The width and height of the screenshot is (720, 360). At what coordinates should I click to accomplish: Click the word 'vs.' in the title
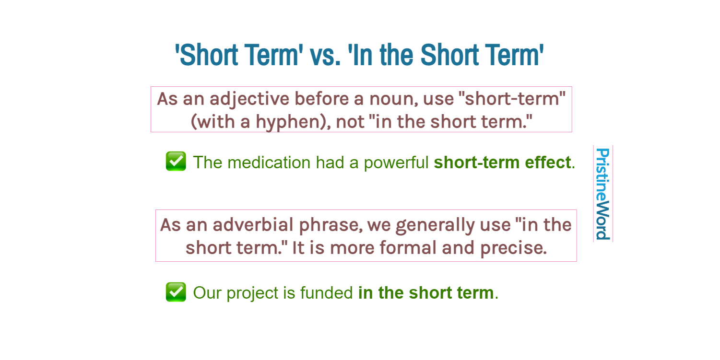pos(325,55)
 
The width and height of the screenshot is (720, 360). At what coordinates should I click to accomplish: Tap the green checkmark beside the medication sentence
pos(176,162)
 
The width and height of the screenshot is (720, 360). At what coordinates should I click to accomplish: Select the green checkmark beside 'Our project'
pos(176,292)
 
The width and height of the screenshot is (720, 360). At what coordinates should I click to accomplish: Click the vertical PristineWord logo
pos(602,194)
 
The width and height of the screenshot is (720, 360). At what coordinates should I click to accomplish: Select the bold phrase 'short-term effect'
pos(502,163)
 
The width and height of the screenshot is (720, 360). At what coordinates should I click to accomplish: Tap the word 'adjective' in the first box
pos(249,99)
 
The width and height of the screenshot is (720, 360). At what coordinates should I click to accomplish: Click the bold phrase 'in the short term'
pos(426,293)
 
